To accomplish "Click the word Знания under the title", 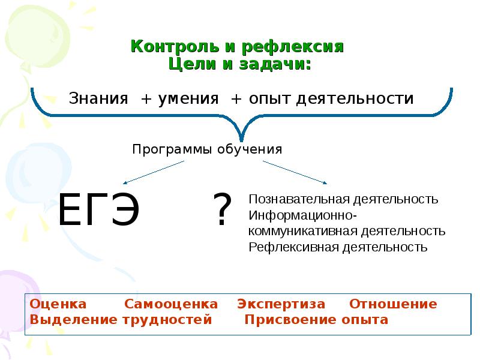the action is pyautogui.click(x=99, y=98).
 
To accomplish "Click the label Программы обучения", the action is pyautogui.click(x=207, y=149).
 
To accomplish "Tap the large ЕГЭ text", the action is pyautogui.click(x=98, y=210).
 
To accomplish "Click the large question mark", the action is pyautogui.click(x=223, y=210).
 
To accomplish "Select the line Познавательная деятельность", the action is pyautogui.click(x=344, y=199).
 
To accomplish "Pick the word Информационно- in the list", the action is pyautogui.click(x=304, y=215).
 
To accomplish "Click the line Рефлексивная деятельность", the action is pyautogui.click(x=338, y=247).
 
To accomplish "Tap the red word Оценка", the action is pyautogui.click(x=58, y=304).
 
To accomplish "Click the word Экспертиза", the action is pyautogui.click(x=281, y=304).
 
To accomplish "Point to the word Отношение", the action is pyautogui.click(x=393, y=304).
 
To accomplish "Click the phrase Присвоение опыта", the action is pyautogui.click(x=316, y=320).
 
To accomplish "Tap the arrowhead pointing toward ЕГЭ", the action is pyautogui.click(x=126, y=182).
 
